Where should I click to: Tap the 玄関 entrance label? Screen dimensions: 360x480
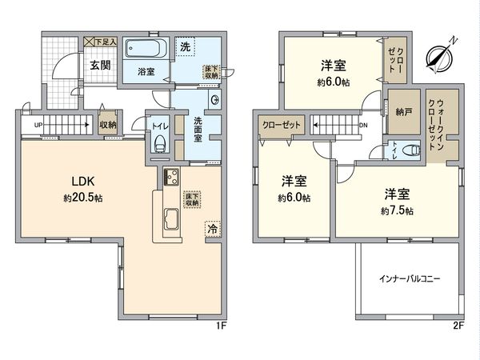click(x=100, y=66)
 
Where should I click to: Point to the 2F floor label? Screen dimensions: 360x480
click(x=458, y=326)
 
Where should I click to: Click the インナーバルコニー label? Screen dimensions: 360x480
click(x=410, y=279)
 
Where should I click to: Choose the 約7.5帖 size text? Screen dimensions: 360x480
click(x=398, y=210)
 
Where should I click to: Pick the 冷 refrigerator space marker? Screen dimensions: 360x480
click(x=212, y=229)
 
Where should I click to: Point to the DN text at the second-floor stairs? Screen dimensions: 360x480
click(x=362, y=126)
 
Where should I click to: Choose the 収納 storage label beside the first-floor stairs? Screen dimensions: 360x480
click(x=107, y=126)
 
